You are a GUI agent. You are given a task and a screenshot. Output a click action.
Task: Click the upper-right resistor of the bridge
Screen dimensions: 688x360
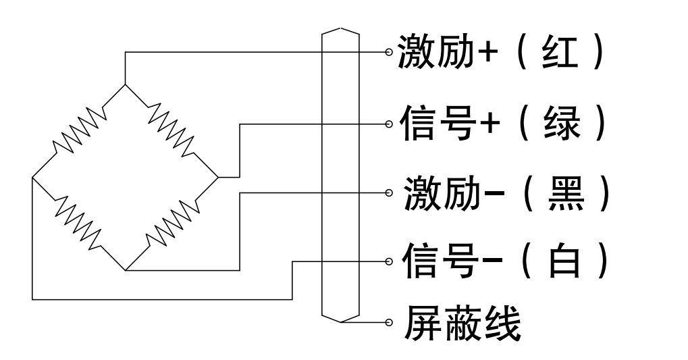tap(171, 130)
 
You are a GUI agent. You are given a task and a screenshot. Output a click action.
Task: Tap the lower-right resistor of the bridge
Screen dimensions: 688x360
tap(171, 223)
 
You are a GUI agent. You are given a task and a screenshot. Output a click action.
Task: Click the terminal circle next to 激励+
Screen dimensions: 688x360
tap(389, 52)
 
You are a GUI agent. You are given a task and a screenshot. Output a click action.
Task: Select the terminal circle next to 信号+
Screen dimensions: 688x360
tap(389, 124)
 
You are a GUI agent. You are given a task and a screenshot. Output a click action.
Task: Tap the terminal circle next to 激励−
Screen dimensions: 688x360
tap(389, 192)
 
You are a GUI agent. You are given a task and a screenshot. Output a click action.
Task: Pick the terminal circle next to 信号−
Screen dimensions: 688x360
tap(389, 261)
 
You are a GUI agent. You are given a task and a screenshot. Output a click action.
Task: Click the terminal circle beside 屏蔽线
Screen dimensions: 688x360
tap(389, 323)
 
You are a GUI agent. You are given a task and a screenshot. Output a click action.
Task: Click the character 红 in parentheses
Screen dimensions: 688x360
tap(560, 52)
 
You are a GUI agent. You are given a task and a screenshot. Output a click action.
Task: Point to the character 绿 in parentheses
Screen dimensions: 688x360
tap(562, 124)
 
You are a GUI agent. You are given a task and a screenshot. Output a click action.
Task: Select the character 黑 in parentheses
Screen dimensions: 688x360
tap(566, 193)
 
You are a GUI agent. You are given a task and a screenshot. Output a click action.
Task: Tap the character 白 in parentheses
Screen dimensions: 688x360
tap(565, 261)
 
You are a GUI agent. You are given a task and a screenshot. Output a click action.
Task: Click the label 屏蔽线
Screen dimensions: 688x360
tap(462, 324)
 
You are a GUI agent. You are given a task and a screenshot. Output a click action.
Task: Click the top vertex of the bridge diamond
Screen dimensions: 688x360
tap(125, 84)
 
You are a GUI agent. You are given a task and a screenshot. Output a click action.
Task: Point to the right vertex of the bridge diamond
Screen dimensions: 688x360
tap(218, 178)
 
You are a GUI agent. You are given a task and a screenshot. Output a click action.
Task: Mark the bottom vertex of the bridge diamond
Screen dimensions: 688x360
tap(126, 270)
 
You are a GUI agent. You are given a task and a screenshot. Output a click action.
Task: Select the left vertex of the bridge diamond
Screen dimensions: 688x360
tap(32, 178)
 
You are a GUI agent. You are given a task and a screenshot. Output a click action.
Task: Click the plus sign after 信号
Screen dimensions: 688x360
tap(490, 124)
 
